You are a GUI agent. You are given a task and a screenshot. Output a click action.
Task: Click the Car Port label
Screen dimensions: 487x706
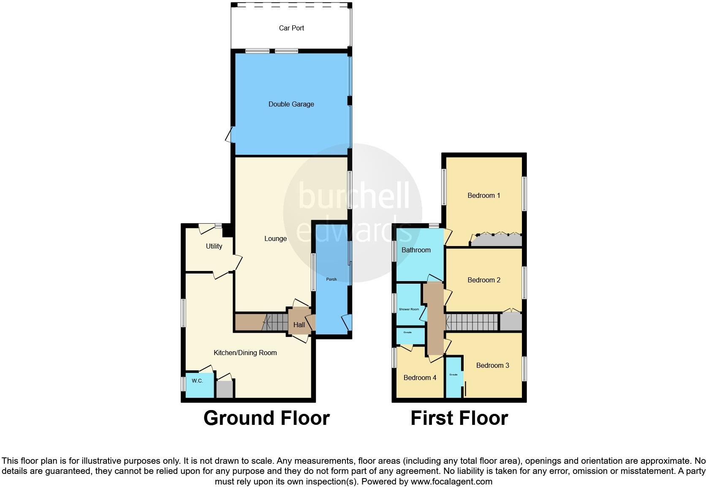291,28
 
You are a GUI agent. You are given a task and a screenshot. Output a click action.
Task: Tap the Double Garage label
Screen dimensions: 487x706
291,104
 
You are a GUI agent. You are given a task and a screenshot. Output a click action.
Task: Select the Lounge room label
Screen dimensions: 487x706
275,238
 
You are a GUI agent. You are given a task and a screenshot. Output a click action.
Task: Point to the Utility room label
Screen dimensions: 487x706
214,246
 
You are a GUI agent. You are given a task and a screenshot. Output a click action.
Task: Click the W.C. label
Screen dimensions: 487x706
197,381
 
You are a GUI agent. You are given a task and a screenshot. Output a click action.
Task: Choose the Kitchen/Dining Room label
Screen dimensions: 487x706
245,353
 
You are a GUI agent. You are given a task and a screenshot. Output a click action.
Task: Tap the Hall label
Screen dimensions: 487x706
299,325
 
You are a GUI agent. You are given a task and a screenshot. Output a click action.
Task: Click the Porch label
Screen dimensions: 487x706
331,279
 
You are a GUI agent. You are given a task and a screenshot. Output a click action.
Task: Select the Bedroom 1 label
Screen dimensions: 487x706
483,195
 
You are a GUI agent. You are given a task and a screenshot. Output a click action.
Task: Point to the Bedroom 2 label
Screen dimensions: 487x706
484,280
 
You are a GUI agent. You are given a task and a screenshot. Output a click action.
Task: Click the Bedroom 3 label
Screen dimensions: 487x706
492,365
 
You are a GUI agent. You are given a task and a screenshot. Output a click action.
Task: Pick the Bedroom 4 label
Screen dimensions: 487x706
420,378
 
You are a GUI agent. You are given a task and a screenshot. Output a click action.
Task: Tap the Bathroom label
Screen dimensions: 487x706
416,250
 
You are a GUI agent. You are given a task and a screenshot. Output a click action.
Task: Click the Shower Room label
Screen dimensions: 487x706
409,309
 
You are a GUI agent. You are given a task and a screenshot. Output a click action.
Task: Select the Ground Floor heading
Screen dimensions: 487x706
266,418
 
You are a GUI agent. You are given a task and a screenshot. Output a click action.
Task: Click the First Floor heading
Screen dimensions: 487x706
459,418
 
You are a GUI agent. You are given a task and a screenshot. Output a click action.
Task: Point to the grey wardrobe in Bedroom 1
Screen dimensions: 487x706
497,241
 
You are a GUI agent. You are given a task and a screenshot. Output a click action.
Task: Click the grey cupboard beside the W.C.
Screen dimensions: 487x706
225,389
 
